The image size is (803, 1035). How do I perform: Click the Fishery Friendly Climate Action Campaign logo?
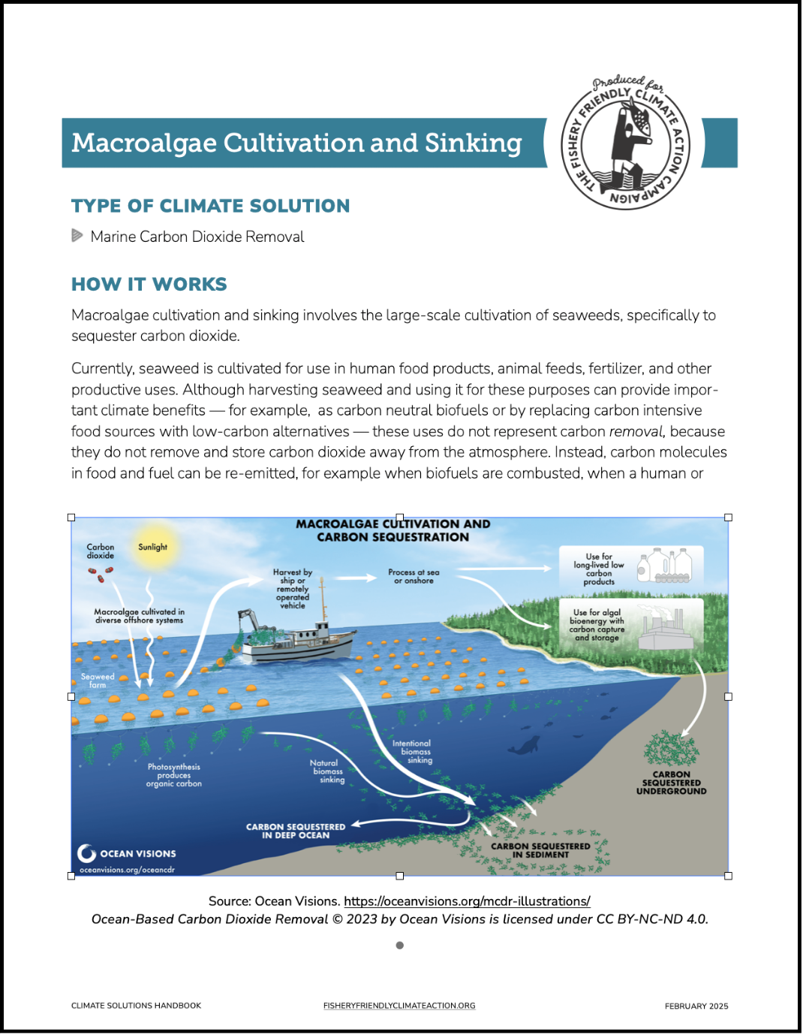(625, 143)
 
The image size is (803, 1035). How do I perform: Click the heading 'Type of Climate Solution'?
(210, 206)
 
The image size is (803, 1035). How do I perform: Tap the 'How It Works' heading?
(149, 284)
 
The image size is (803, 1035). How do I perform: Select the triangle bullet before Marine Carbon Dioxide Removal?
(77, 236)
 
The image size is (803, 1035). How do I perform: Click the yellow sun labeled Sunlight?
(153, 548)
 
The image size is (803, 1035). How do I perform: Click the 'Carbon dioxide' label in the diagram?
(101, 551)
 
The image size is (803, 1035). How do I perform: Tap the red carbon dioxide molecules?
(101, 575)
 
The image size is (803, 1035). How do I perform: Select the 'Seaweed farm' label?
(98, 680)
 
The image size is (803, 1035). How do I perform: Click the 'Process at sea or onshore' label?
(414, 576)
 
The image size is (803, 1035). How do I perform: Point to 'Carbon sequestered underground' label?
(671, 783)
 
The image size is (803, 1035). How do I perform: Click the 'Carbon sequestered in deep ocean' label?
(296, 831)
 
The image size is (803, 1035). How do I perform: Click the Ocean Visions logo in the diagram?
(127, 853)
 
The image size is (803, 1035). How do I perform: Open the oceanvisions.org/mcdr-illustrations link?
(467, 901)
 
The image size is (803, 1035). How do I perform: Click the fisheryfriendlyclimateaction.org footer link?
(399, 1006)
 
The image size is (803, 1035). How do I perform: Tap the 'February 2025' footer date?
(696, 1006)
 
